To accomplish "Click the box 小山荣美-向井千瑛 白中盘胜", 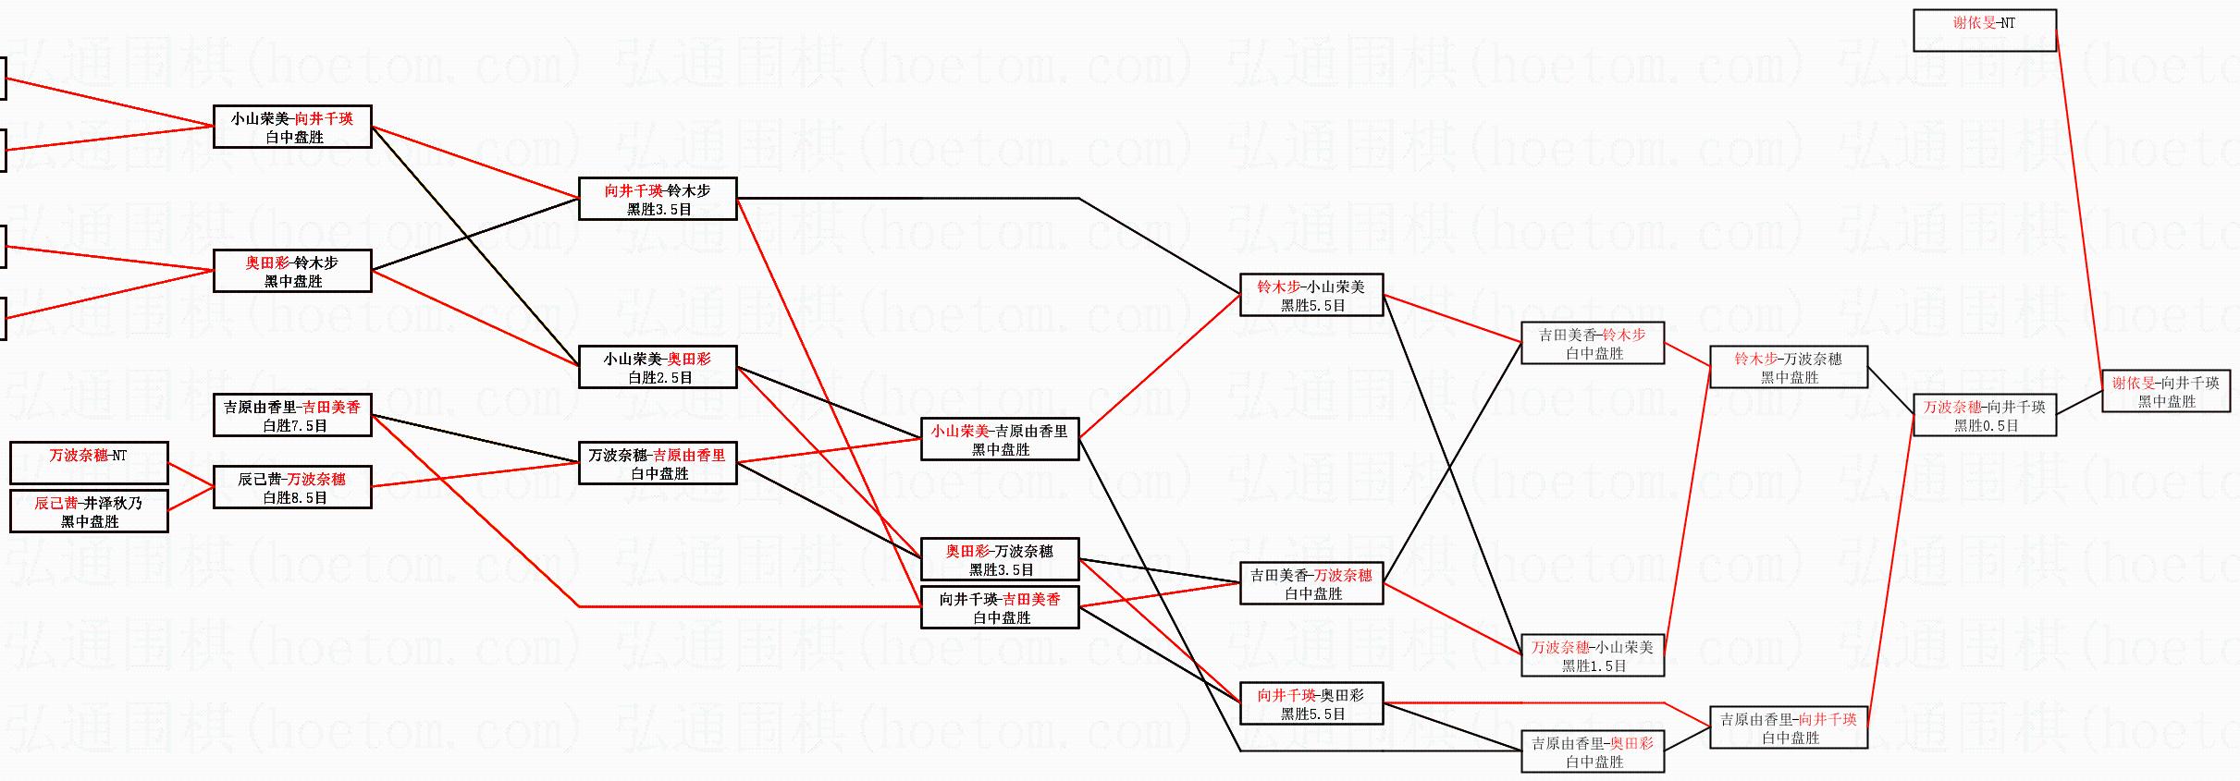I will [x=292, y=127].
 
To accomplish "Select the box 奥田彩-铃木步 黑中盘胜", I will [x=292, y=271].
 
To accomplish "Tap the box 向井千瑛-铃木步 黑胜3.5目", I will [x=658, y=199].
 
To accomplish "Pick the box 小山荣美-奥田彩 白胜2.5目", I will [x=658, y=367].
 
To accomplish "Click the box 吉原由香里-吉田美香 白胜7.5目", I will [x=292, y=415].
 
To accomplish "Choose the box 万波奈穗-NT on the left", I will [x=89, y=462].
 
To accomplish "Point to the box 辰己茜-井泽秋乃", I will [x=89, y=511].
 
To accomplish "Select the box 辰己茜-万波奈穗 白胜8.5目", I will [x=292, y=487].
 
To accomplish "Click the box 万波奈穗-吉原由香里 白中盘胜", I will [x=658, y=463].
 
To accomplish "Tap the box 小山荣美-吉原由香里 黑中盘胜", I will [x=1000, y=439].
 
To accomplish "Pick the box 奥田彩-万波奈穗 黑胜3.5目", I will [x=1000, y=559].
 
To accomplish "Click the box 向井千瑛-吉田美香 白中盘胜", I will [x=1000, y=607].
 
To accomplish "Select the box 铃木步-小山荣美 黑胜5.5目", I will [x=1311, y=295].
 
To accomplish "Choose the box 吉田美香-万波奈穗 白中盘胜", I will [x=1311, y=583].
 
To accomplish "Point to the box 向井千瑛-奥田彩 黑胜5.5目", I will [x=1311, y=703].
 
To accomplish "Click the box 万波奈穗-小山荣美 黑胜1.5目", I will [x=1593, y=655].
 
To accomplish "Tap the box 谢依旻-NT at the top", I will [x=1985, y=30].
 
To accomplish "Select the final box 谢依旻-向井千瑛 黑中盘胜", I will [x=2166, y=391].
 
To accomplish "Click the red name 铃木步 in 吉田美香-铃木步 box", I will [x=1624, y=335].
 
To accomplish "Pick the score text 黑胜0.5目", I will [x=1986, y=425].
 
